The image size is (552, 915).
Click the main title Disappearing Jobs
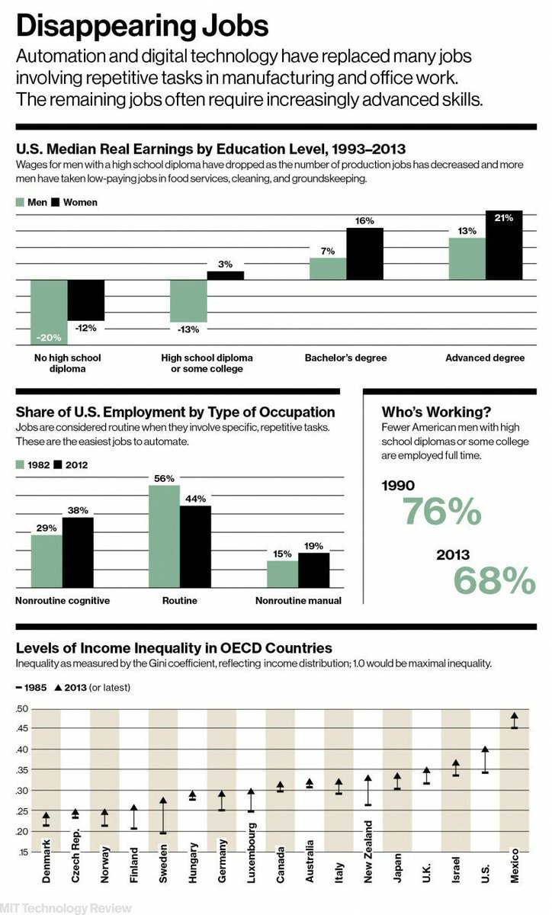point(142,27)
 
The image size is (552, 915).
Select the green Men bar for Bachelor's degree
point(328,268)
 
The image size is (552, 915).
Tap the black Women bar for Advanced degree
point(504,246)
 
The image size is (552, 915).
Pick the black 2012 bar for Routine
point(195,547)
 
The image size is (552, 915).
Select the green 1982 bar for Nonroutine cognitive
point(47,561)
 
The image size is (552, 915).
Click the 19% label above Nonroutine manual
point(313,546)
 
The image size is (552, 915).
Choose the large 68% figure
point(495,581)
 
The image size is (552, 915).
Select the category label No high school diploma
point(68,363)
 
